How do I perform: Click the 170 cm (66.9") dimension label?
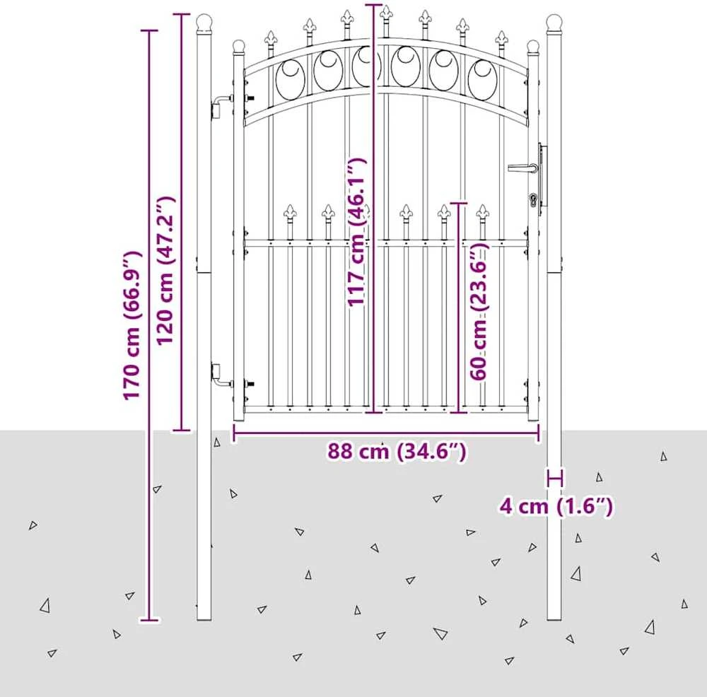point(133,325)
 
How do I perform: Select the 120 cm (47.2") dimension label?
point(165,270)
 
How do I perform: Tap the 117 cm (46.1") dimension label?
point(356,232)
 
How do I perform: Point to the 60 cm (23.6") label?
point(479,312)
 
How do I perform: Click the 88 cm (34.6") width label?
point(397,451)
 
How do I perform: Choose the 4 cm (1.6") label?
point(556,506)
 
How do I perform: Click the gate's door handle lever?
point(523,168)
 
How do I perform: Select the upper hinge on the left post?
point(221,105)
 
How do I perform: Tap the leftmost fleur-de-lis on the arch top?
point(271,38)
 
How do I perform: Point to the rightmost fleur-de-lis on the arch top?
point(501,38)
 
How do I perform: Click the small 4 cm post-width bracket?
point(554,477)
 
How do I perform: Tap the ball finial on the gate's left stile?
point(238,46)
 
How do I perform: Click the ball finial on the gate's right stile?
point(533,46)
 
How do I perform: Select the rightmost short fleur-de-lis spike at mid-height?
point(482,212)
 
